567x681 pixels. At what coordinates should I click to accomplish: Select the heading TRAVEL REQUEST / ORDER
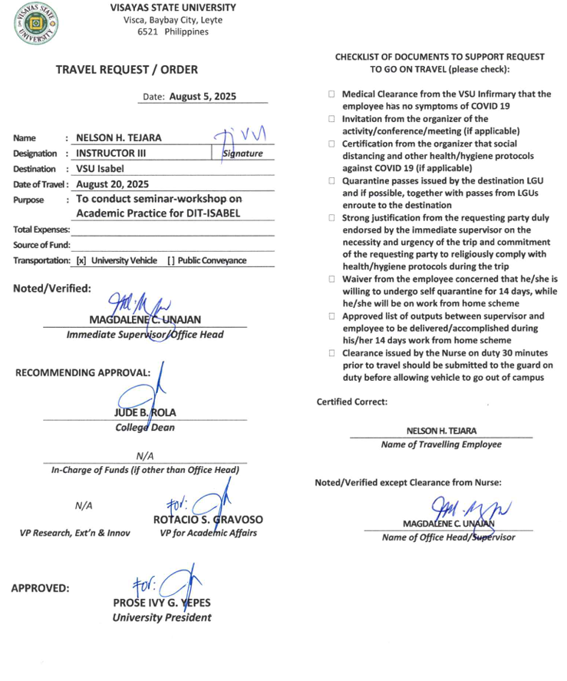[126, 69]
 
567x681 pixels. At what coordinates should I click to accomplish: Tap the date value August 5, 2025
[203, 97]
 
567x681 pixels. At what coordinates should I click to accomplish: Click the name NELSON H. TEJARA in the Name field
[118, 138]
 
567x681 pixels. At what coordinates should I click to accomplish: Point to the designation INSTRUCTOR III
[112, 154]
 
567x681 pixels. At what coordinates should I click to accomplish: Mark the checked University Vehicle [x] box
[81, 260]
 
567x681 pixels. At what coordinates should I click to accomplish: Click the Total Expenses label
[41, 230]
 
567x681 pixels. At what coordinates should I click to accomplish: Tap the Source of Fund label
[41, 245]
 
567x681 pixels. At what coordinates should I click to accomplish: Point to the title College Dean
[144, 428]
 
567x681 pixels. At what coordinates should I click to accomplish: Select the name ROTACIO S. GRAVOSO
[207, 519]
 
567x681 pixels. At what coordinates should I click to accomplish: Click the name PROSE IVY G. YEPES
[161, 603]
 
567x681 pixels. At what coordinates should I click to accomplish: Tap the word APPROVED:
[40, 589]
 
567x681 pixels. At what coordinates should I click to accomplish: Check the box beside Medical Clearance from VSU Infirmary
[332, 94]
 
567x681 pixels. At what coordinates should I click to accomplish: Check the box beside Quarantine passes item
[332, 181]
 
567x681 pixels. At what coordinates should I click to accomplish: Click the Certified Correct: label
[352, 402]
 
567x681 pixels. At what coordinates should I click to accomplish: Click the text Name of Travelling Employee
[441, 445]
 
